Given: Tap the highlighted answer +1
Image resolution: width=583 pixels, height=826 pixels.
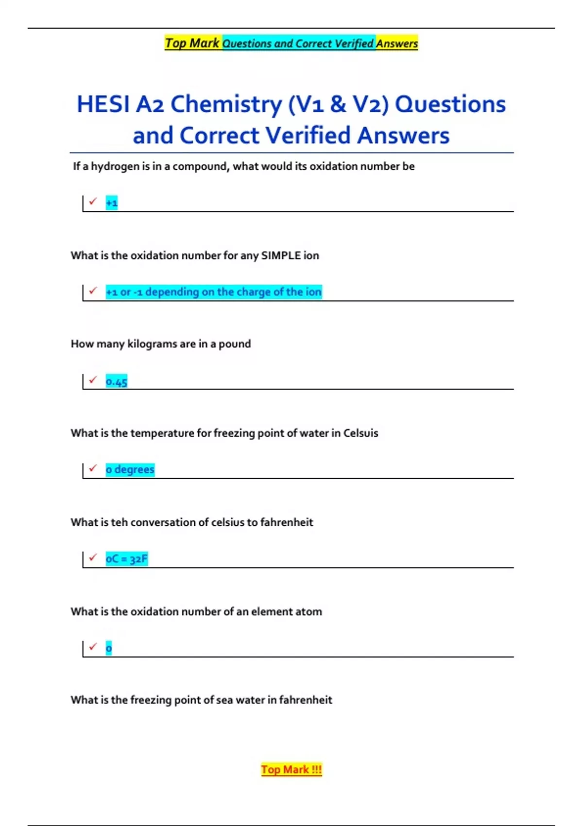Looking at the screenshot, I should (x=112, y=203).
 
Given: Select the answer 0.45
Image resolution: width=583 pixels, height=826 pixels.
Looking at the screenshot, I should (x=117, y=381).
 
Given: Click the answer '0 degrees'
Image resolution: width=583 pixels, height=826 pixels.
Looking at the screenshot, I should (x=130, y=470).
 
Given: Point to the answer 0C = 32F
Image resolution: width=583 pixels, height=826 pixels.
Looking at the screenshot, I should (x=126, y=559).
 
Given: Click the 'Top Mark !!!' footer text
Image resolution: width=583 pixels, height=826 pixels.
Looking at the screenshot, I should (x=291, y=770).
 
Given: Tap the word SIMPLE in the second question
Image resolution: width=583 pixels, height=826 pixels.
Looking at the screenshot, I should (x=281, y=256).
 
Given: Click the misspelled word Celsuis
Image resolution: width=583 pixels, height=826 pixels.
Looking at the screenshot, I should (x=360, y=433).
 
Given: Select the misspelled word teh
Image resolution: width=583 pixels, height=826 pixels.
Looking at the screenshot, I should (x=120, y=522).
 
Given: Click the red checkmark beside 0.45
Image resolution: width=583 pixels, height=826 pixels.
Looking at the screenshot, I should (x=93, y=379).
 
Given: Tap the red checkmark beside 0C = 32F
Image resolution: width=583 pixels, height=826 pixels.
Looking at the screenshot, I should (x=93, y=557).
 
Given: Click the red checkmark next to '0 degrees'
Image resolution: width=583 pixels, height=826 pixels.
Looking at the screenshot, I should (x=93, y=468).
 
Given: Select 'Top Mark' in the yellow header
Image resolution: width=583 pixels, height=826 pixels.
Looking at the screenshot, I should (x=192, y=43).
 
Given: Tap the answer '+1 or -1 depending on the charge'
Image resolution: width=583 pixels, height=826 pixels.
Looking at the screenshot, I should (x=214, y=292).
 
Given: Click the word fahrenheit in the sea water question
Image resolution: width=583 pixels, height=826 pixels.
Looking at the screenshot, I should (x=306, y=700).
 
